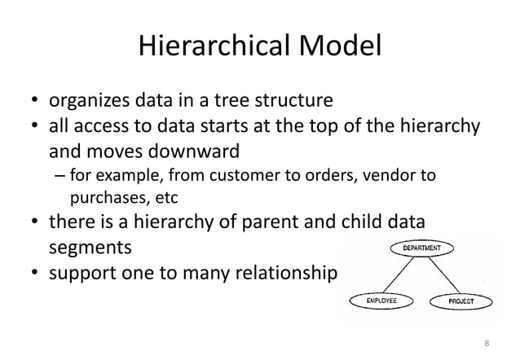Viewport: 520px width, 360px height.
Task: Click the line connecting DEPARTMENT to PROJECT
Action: point(448,275)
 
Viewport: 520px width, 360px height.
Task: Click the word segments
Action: point(89,244)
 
